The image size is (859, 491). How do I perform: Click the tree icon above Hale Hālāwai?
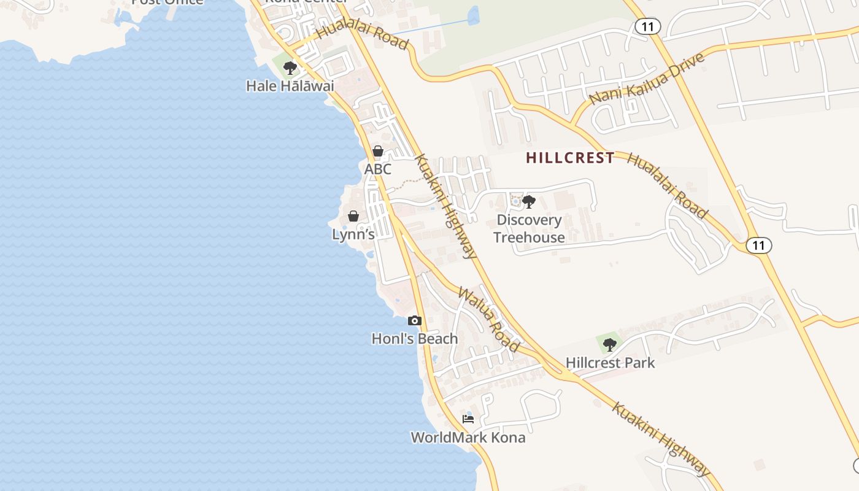290,68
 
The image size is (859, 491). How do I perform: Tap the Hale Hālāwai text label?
290,86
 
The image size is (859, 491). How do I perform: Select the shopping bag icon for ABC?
378,151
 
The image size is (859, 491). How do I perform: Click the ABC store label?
378,169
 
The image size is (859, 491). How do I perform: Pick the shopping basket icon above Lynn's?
353,216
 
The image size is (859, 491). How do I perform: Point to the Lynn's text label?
353,234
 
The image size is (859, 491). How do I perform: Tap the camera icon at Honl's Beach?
415,320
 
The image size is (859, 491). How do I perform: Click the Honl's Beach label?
415,339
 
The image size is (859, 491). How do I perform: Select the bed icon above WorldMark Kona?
468,419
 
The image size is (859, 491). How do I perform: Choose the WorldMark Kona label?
468,438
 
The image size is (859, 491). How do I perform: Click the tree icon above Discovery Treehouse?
529,201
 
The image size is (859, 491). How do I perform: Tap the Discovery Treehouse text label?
529,228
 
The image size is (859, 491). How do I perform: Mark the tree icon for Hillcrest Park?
609,344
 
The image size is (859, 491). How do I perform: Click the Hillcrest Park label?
611,363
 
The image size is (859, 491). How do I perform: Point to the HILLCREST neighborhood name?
570,158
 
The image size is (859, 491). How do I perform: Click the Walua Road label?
489,320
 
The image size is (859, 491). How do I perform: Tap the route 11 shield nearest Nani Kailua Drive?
648,26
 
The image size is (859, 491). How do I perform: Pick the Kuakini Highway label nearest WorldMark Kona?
661,439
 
